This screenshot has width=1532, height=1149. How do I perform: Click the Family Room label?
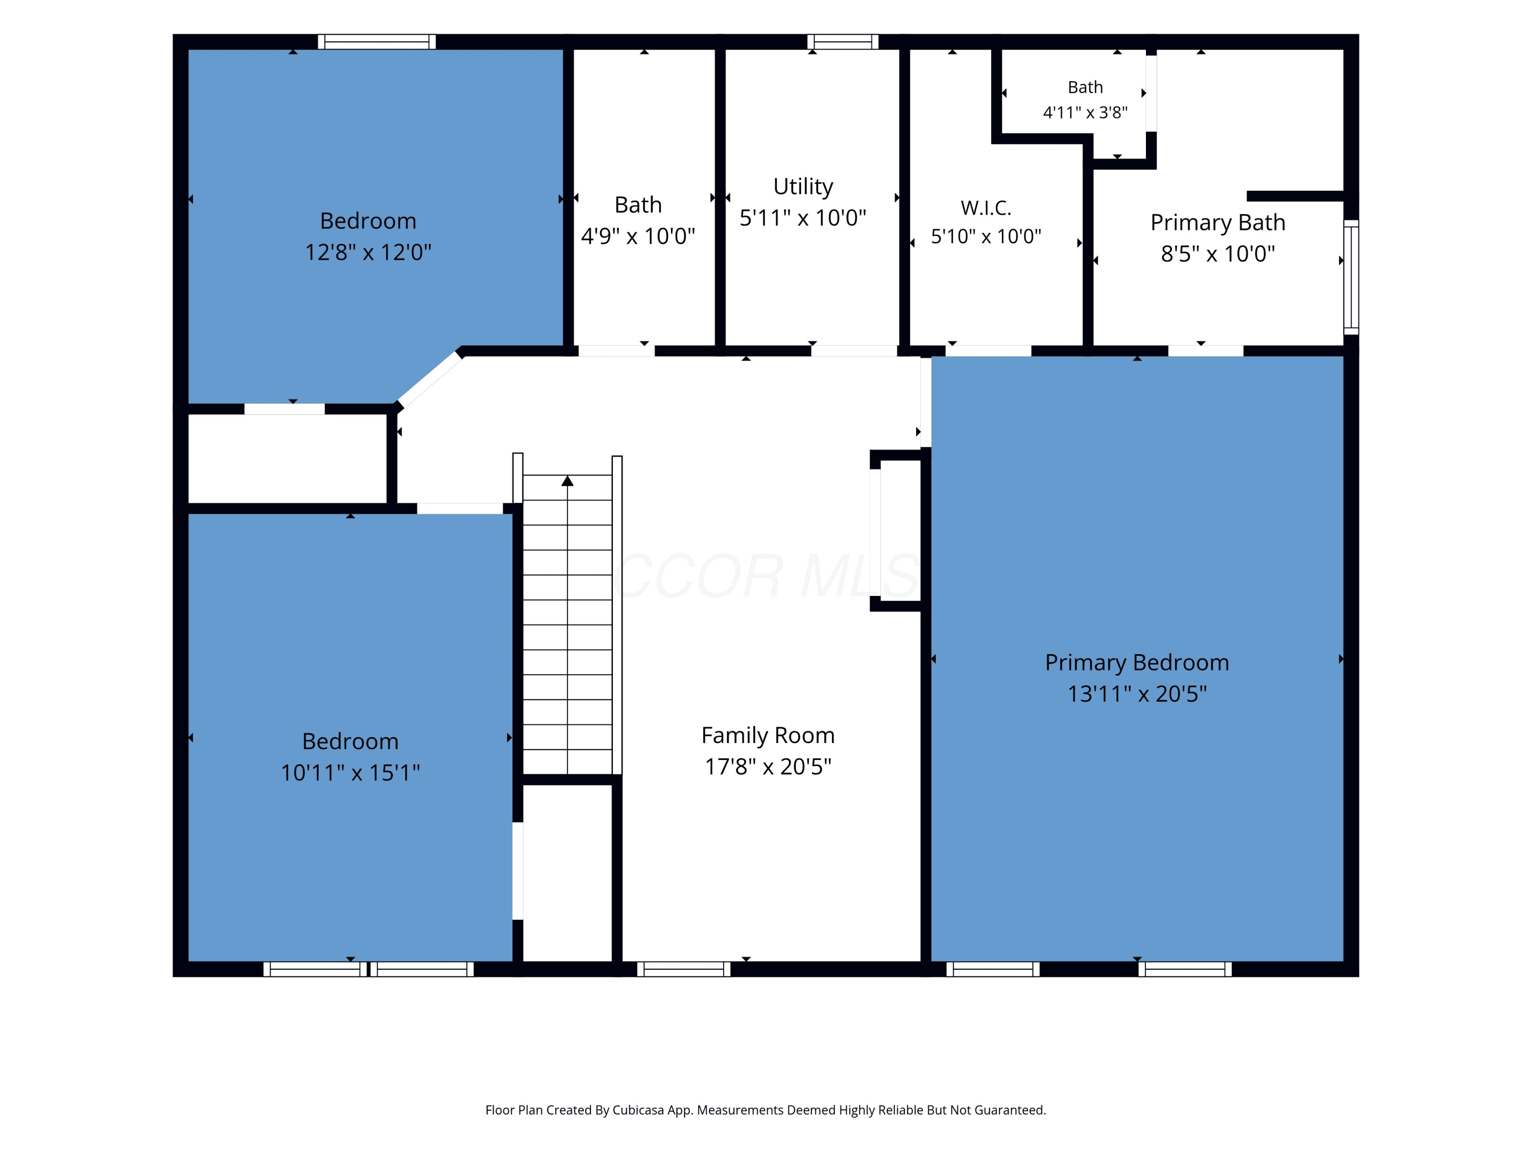768,735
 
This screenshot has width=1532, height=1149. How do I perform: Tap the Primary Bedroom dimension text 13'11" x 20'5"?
1137,693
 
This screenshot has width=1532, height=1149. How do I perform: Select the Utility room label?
803,187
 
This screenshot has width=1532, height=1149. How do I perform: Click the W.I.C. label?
986,208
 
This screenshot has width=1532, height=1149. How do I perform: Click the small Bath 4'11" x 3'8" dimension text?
1085,112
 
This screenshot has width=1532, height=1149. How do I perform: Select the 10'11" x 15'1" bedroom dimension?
350,772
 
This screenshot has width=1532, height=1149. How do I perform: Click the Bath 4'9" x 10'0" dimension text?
638,236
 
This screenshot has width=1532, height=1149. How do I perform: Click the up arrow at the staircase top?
567,481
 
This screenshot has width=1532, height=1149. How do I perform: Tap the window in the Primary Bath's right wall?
1351,277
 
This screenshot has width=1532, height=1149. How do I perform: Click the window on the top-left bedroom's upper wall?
377,41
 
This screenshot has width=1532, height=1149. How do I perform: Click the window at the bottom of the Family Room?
684,969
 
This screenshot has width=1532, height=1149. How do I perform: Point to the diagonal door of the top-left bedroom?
429,379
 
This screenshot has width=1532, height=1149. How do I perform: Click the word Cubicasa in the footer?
638,1110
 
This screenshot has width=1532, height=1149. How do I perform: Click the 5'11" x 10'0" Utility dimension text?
803,218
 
